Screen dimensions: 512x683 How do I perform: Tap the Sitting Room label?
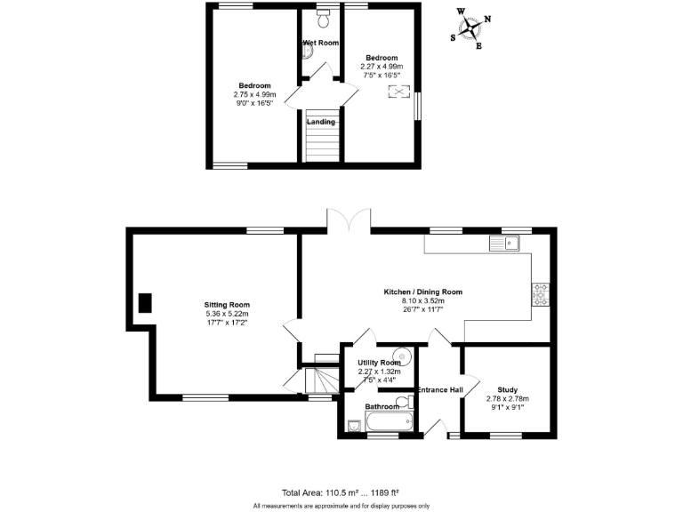tap(227, 304)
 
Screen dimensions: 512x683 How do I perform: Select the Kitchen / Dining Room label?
tap(422, 292)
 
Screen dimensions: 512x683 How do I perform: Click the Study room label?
tap(507, 389)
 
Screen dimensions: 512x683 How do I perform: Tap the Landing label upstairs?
tap(321, 122)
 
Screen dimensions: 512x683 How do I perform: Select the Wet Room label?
tap(321, 42)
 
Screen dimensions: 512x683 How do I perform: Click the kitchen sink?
tap(504, 242)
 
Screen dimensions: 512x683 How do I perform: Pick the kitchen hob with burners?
tap(540, 294)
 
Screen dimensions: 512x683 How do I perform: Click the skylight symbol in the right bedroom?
tap(397, 92)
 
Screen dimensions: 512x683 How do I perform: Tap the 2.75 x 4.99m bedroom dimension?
tap(254, 94)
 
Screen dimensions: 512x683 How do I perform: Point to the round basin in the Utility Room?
tap(404, 359)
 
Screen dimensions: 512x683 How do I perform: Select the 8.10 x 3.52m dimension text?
tap(422, 300)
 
